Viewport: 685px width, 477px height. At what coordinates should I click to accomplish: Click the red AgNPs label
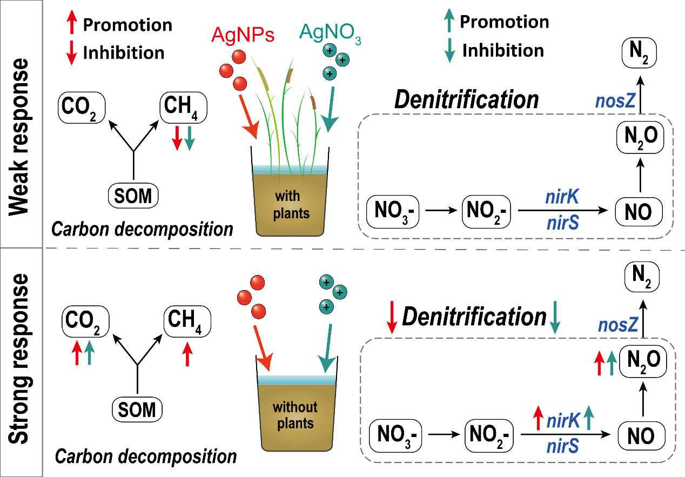(243, 36)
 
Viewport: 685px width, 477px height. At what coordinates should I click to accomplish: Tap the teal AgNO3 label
(331, 37)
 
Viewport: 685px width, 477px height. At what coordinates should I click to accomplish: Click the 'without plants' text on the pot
(295, 414)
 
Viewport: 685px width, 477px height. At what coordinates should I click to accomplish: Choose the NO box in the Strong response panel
(642, 435)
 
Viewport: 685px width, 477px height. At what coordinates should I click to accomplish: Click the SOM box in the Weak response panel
(133, 196)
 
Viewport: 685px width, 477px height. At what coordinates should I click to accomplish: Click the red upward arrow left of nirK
(538, 418)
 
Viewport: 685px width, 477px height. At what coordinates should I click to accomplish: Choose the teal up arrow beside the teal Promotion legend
(448, 22)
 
